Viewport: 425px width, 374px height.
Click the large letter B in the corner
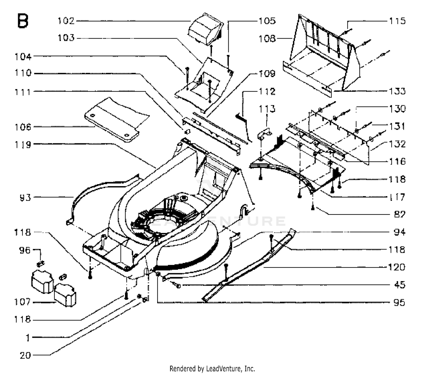(23, 21)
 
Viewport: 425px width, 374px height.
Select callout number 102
(66, 21)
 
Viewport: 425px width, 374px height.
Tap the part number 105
(267, 21)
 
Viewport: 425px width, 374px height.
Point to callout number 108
(267, 39)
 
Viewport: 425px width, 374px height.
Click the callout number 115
(397, 21)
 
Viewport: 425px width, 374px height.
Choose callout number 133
(397, 91)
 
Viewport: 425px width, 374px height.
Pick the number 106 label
(23, 127)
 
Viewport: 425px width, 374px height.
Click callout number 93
(25, 197)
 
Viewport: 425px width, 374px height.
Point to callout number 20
(25, 355)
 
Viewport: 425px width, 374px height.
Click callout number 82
(400, 214)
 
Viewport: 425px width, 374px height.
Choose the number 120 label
(396, 267)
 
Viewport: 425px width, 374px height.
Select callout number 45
(400, 285)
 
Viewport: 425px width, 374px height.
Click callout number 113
(267, 109)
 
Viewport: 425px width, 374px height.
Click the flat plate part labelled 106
(116, 120)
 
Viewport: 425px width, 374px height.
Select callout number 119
(23, 145)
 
